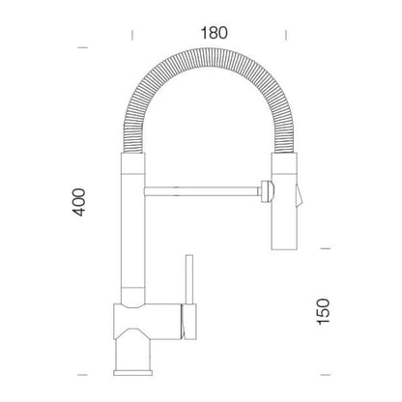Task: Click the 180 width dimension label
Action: pos(214,33)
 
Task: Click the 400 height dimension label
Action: pos(79,202)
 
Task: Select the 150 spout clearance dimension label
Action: pos(324,311)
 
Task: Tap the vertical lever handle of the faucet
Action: pos(189,279)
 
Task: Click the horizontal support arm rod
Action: pos(202,191)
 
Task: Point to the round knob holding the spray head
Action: pos(267,191)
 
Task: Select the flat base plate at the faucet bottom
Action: pos(132,373)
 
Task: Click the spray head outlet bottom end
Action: pos(284,248)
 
